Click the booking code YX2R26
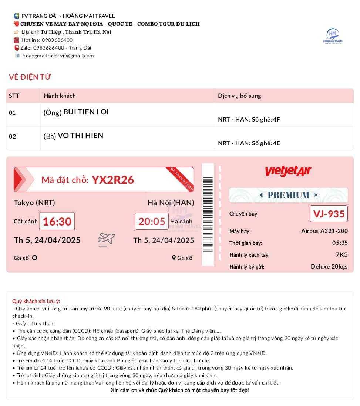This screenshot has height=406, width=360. pos(113,180)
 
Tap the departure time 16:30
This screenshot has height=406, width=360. pos(57,222)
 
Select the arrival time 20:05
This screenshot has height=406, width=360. pos(152,222)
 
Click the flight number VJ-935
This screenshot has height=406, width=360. pos(329,214)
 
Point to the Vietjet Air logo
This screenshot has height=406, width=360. pos(288,171)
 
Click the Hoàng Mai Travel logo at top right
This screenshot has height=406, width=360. pos(333,36)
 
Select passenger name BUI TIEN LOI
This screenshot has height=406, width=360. pos(86,112)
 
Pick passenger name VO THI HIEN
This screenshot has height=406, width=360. pos(80,136)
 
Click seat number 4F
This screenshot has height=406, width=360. pos(276,119)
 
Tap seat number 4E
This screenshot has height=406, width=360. pos(276,143)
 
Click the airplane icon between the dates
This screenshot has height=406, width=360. pos(107,239)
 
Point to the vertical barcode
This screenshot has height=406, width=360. pos(208,214)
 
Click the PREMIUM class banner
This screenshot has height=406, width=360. pos(288,195)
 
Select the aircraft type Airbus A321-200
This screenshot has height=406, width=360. pos(324,231)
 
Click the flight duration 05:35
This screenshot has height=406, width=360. pos(340,243)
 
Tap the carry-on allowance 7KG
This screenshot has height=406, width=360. pos(342,254)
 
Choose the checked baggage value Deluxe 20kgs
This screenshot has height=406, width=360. pos(329,267)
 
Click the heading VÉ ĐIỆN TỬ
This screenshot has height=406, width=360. pos(30,77)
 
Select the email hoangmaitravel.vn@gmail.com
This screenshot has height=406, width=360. pos(58,56)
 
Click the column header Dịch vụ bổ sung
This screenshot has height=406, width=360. pos(239,96)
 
